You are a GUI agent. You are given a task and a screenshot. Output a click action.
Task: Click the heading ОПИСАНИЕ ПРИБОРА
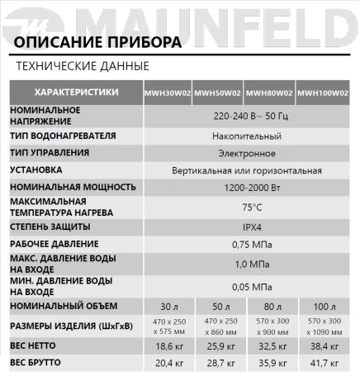tap(99, 43)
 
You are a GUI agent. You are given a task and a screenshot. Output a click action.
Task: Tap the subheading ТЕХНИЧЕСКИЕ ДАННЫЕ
tap(83, 65)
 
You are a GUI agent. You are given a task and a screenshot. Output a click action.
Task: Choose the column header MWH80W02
tap(272, 93)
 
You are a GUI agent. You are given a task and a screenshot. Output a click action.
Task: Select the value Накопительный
tap(251, 136)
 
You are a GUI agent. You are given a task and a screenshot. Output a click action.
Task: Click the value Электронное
tap(252, 153)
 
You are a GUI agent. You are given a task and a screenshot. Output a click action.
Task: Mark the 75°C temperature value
tap(252, 207)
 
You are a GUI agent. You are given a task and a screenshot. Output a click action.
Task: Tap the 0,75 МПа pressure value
tap(252, 244)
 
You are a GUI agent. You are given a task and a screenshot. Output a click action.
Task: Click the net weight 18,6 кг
tap(169, 346)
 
